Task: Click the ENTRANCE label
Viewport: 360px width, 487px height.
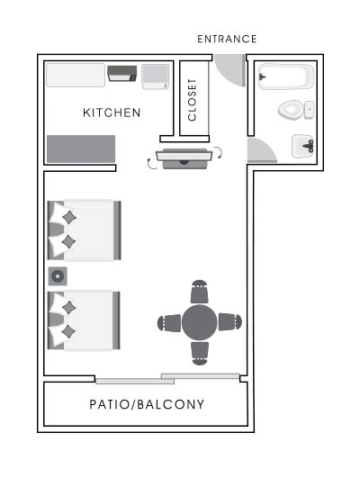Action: tap(227, 39)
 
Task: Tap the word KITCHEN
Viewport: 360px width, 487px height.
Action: tap(112, 113)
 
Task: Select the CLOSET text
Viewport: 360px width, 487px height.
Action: tap(193, 99)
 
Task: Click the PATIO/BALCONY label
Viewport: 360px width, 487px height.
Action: tap(147, 404)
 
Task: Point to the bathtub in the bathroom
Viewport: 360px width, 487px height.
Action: tap(284, 77)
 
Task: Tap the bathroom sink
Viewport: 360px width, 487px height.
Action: tap(302, 145)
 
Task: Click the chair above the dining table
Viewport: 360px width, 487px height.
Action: tap(200, 293)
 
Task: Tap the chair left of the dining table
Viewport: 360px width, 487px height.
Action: tap(169, 322)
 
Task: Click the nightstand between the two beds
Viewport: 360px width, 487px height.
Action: tap(58, 275)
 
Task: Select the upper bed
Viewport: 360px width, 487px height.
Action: tap(84, 230)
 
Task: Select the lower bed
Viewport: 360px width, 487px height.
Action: tap(84, 320)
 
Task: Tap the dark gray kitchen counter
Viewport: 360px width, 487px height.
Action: tap(80, 149)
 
